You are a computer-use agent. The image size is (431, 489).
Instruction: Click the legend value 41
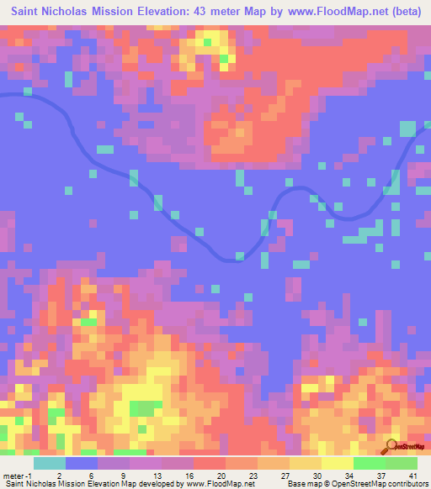(412, 453)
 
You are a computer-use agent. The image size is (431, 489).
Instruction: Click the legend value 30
(316, 453)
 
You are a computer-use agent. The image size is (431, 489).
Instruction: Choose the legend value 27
(284, 453)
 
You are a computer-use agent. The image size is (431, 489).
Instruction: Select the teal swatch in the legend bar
(50, 463)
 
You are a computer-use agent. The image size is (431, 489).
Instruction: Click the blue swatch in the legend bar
(82, 463)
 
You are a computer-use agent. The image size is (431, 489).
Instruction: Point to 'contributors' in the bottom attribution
(405, 483)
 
